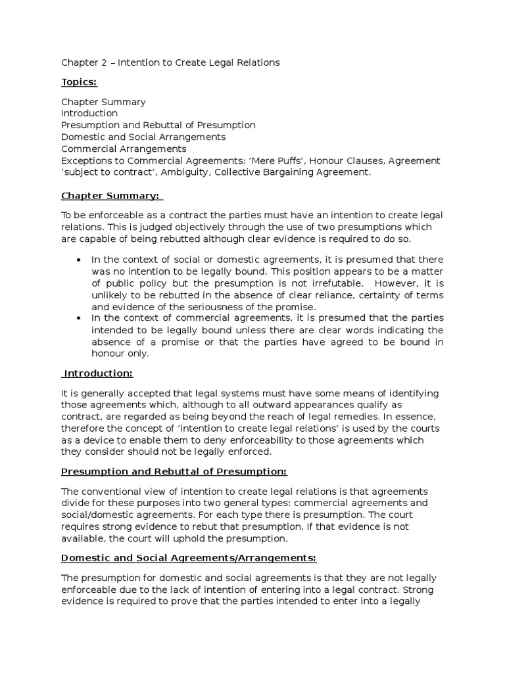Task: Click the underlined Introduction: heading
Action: (98, 373)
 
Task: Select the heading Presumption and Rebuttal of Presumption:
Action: (174, 472)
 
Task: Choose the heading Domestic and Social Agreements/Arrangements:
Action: (189, 558)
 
